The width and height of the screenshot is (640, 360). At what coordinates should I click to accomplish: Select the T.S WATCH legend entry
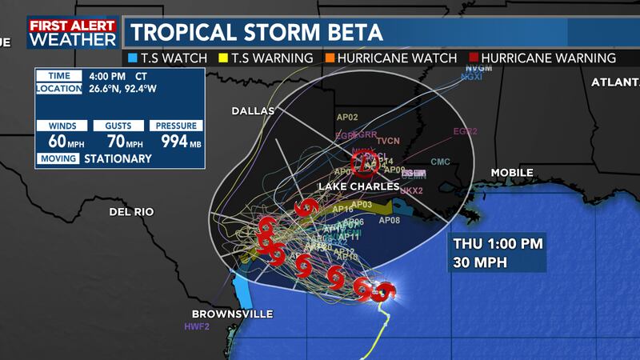click(x=167, y=58)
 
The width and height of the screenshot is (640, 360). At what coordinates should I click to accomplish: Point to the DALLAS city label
click(x=253, y=110)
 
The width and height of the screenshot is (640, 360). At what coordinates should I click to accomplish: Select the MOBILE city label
click(x=513, y=173)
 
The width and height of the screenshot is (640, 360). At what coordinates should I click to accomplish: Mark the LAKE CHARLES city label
click(x=359, y=186)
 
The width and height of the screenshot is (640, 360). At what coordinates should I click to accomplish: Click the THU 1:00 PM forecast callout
click(x=495, y=253)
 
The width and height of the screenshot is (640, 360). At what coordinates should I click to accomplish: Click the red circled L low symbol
click(x=366, y=163)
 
